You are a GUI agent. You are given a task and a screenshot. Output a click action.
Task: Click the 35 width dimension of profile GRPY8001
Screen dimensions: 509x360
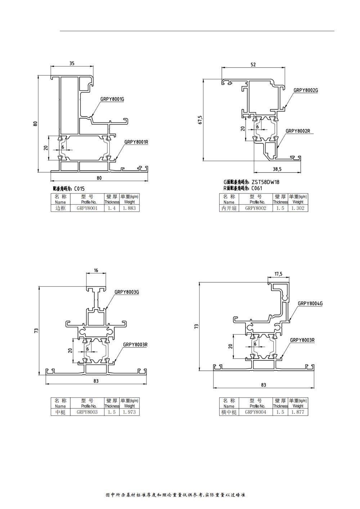click(x=72, y=63)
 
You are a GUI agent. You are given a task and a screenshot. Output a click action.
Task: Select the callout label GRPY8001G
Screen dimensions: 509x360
click(x=112, y=99)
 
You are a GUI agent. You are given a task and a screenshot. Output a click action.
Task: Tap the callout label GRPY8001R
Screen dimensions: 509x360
click(x=136, y=142)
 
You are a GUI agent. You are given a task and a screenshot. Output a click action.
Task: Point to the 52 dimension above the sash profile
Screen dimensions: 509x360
click(x=253, y=65)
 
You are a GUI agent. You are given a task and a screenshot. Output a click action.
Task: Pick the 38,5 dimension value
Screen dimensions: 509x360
click(x=277, y=169)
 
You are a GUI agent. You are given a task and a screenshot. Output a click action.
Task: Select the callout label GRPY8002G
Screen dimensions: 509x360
click(x=306, y=90)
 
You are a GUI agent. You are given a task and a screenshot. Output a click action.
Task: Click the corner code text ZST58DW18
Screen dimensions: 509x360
click(x=266, y=182)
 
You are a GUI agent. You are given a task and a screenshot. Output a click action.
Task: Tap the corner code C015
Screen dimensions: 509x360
click(x=79, y=188)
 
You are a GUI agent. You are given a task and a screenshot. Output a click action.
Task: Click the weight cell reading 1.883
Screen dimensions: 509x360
click(x=129, y=208)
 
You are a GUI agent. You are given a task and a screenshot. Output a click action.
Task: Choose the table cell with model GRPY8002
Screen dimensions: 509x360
click(x=256, y=208)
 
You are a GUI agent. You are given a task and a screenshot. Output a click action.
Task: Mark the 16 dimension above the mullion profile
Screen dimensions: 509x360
click(x=96, y=270)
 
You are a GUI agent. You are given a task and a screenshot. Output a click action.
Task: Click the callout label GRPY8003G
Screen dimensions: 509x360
click(x=127, y=292)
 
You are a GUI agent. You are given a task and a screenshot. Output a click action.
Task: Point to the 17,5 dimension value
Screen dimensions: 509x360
click(x=279, y=274)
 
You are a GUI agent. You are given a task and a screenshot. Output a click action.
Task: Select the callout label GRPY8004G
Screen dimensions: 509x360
click(x=310, y=304)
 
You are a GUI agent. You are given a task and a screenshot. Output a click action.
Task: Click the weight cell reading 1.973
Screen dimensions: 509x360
click(x=129, y=412)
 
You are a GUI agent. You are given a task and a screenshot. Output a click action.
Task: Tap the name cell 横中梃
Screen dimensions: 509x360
click(x=229, y=412)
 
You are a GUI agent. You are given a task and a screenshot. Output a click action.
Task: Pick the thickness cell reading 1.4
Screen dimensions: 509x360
click(x=112, y=208)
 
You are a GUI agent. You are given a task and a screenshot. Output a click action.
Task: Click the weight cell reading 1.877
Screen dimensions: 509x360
click(x=298, y=412)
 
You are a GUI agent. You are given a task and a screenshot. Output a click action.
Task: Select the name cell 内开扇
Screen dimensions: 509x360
click(x=229, y=208)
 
